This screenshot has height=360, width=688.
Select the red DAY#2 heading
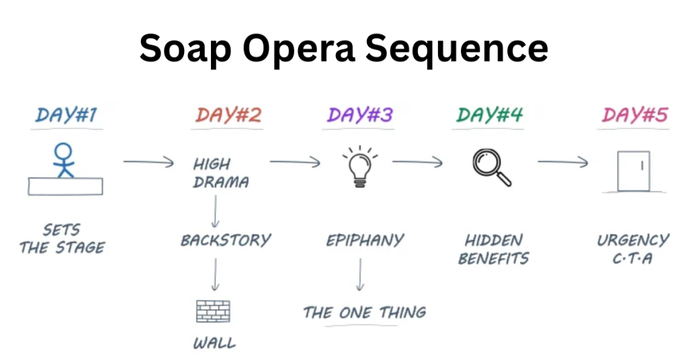(x=228, y=115)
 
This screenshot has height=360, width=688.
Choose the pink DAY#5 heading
(x=635, y=115)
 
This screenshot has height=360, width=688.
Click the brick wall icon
(x=213, y=311)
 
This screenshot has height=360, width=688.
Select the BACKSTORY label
(x=225, y=240)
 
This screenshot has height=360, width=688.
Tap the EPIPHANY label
(x=365, y=240)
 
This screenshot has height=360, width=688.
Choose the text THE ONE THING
(x=364, y=312)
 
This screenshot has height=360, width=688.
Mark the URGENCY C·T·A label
(x=632, y=249)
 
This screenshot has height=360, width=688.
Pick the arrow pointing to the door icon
(x=563, y=162)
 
